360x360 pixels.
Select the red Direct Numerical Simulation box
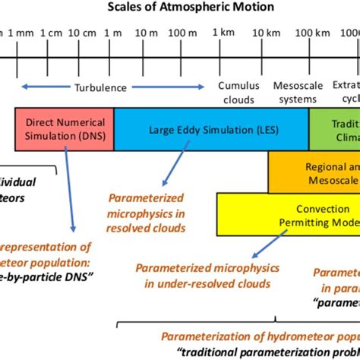click(64, 128)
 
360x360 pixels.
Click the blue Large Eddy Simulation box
click(211, 128)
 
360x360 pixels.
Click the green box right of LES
click(334, 128)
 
